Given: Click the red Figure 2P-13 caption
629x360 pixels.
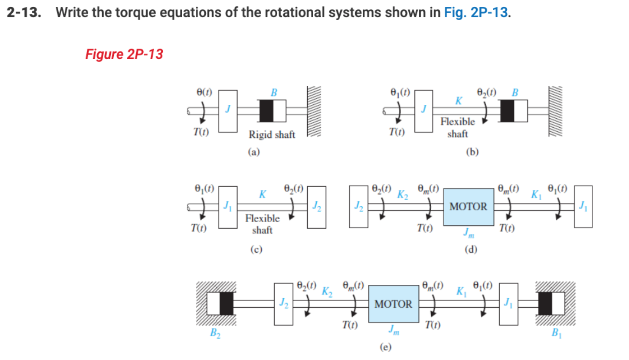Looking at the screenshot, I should pyautogui.click(x=124, y=54).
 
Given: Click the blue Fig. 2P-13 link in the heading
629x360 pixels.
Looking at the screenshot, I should pyautogui.click(x=476, y=12).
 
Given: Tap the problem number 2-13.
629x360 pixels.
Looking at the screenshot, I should pyautogui.click(x=24, y=12).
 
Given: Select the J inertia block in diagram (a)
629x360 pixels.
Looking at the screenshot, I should pyautogui.click(x=228, y=111).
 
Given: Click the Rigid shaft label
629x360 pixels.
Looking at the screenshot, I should pyautogui.click(x=271, y=135).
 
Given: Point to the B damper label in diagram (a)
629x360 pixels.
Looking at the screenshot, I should pyautogui.click(x=273, y=93).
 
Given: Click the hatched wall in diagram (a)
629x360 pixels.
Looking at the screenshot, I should pyautogui.click(x=314, y=112).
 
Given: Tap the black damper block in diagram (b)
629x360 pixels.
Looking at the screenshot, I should pyautogui.click(x=507, y=111).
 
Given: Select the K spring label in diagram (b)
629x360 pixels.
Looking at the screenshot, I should pyautogui.click(x=458, y=101).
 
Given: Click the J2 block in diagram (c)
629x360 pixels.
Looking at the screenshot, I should pyautogui.click(x=317, y=207).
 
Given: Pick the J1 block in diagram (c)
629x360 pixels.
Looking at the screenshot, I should pyautogui.click(x=228, y=207).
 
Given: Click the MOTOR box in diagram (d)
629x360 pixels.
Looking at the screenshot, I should pyautogui.click(x=468, y=207).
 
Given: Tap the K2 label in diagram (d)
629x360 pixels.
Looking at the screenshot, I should pyautogui.click(x=402, y=195).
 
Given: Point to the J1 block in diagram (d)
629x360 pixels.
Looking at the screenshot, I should pyautogui.click(x=583, y=206).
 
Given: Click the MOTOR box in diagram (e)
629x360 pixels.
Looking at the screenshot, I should pyautogui.click(x=393, y=304).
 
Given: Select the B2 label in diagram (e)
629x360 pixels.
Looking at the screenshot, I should pyautogui.click(x=215, y=333).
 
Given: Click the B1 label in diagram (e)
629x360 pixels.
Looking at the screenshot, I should pyautogui.click(x=556, y=333).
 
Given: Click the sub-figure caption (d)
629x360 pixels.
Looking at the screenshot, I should pyautogui.click(x=470, y=249).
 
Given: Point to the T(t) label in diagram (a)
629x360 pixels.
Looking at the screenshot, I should pyautogui.click(x=201, y=132).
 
